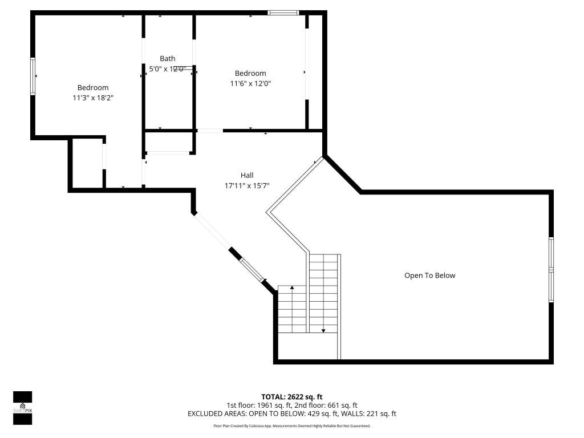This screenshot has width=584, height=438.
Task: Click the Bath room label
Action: pos(168,58)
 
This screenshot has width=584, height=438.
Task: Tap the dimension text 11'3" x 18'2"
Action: pos(93,98)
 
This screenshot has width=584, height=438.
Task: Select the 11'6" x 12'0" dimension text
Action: pos(250,83)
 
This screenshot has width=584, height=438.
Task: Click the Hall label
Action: pos(246,175)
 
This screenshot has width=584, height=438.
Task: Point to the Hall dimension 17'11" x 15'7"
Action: pos(246,185)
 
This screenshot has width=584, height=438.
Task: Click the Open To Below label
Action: pos(429,275)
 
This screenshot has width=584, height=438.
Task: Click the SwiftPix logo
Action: pos(23,408)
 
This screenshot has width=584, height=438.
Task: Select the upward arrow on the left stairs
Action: pos(292,289)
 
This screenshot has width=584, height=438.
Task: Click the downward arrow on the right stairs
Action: pos(323,330)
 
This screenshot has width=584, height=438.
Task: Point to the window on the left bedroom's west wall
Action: pos(33,75)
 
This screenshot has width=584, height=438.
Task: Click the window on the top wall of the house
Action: pos(283,12)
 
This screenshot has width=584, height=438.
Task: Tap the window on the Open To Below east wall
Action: pos(551,269)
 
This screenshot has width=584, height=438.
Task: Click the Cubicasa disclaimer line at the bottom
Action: pos(292,426)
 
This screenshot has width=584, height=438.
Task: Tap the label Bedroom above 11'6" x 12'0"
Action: pos(250,73)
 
